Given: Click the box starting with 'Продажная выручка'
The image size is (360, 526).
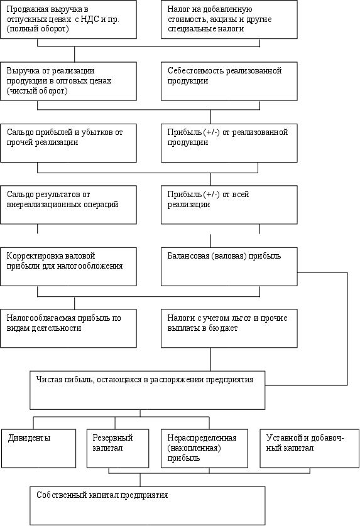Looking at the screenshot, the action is tap(68, 19).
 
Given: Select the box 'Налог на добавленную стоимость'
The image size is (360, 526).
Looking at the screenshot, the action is tap(229, 19).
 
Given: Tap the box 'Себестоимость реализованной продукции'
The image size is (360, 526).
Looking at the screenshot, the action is tap(229, 81).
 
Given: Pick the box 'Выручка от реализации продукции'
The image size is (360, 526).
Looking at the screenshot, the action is tap(68, 81).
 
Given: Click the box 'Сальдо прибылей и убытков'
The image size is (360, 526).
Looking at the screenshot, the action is tap(68, 143).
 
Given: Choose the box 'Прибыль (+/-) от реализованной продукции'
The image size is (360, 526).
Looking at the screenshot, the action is tap(229, 143).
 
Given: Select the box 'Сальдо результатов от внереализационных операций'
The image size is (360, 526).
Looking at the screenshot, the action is tap(68, 205).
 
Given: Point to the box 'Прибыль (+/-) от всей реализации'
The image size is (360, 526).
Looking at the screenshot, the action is tap(229, 205).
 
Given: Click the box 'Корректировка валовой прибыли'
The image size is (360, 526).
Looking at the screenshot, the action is tap(68, 267).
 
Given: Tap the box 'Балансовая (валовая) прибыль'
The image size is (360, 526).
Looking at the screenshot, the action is tap(229, 267).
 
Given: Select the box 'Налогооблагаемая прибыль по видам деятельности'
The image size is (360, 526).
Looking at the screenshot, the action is tap(68, 328).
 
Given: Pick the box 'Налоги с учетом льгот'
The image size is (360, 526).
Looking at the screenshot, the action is tap(229, 328).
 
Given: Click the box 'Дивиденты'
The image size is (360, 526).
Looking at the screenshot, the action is tap(38, 448).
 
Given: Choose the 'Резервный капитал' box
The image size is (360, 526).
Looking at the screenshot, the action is tap(118, 448).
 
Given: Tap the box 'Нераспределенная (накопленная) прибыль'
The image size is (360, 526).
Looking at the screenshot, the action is tap(205, 448).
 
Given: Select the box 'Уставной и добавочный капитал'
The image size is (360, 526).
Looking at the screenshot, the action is tap(310, 448).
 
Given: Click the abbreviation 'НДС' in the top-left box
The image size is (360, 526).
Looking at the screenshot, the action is tap(90, 19).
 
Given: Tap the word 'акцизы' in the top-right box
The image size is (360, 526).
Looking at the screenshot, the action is tap(224, 19).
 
